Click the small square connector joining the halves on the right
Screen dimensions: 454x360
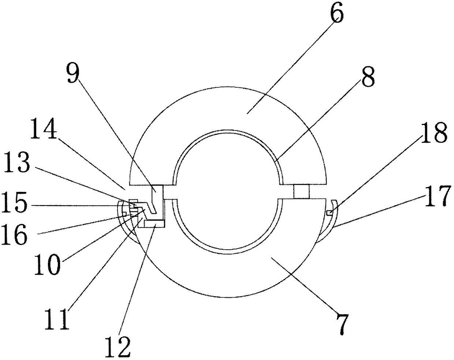tap(301, 191)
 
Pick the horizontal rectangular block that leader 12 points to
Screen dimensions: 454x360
tap(155, 223)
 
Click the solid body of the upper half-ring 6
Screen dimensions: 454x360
tap(227, 110)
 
